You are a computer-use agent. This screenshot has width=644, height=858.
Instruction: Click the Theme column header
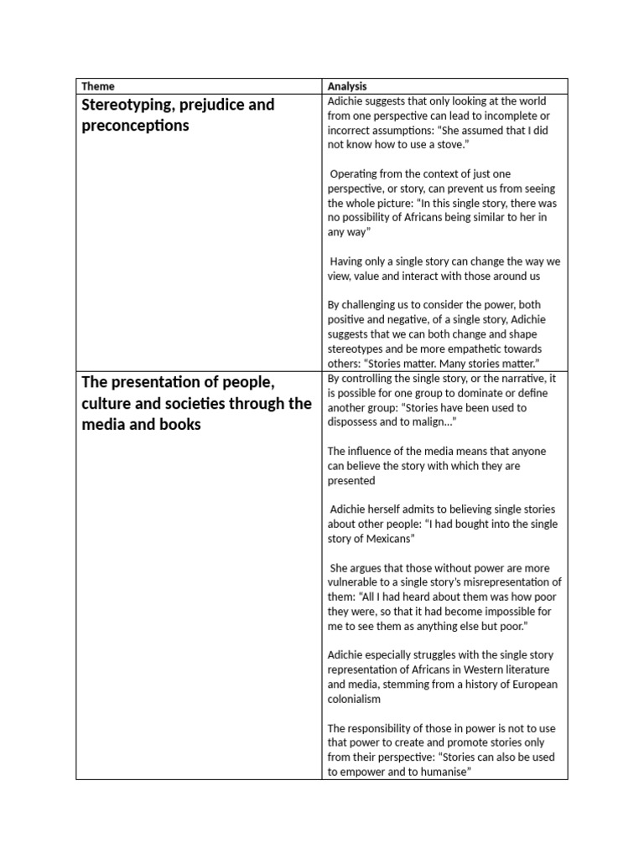click(98, 86)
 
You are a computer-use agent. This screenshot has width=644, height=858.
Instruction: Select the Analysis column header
click(347, 86)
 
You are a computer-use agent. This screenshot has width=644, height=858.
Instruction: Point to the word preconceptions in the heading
click(135, 126)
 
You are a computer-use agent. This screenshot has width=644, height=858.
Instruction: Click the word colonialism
click(354, 699)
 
